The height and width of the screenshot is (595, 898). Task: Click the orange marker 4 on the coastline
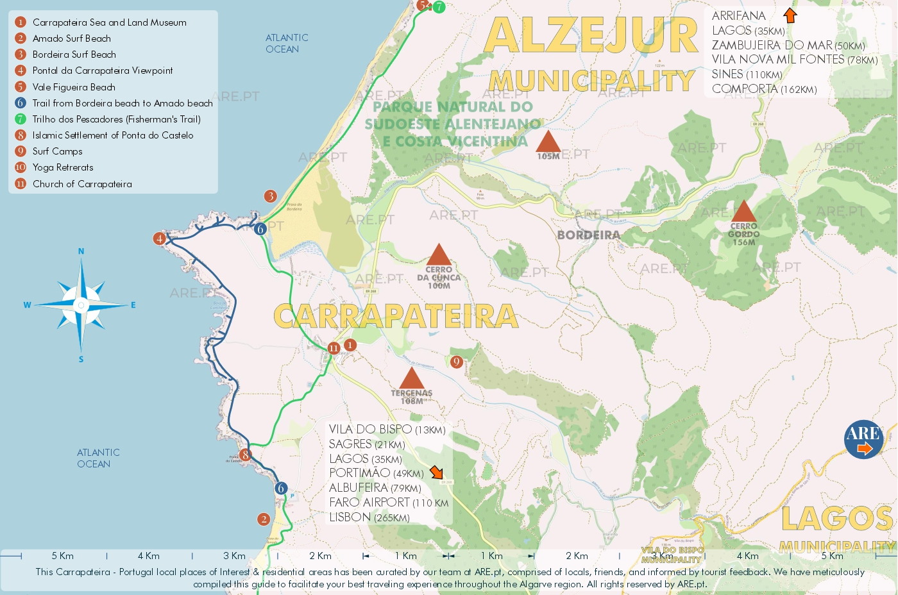point(160,239)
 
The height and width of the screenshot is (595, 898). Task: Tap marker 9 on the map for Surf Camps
point(456,362)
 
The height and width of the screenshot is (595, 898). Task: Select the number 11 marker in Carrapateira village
point(334,348)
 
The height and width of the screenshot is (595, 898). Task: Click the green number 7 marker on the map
point(439,7)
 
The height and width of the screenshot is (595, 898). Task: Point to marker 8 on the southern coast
point(245,455)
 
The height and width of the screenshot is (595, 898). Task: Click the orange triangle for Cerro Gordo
point(743,212)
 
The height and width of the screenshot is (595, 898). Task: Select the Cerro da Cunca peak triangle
point(439,255)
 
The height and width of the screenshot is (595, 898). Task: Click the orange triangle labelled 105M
point(548,141)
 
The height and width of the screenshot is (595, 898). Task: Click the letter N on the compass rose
point(81,251)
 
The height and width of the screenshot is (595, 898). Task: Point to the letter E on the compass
point(133,305)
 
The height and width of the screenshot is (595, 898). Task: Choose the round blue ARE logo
point(863,440)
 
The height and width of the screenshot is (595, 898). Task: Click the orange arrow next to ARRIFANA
point(790,15)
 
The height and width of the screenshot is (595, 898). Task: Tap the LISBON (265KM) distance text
point(369,517)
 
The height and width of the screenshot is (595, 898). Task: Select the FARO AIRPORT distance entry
point(388,503)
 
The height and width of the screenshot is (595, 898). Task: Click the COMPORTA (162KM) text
point(764,89)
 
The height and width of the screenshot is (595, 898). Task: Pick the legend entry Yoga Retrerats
point(63,167)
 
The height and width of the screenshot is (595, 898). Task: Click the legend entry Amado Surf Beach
point(71,38)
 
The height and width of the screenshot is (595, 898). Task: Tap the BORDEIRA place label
point(588,235)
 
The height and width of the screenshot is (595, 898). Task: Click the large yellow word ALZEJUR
point(590,35)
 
